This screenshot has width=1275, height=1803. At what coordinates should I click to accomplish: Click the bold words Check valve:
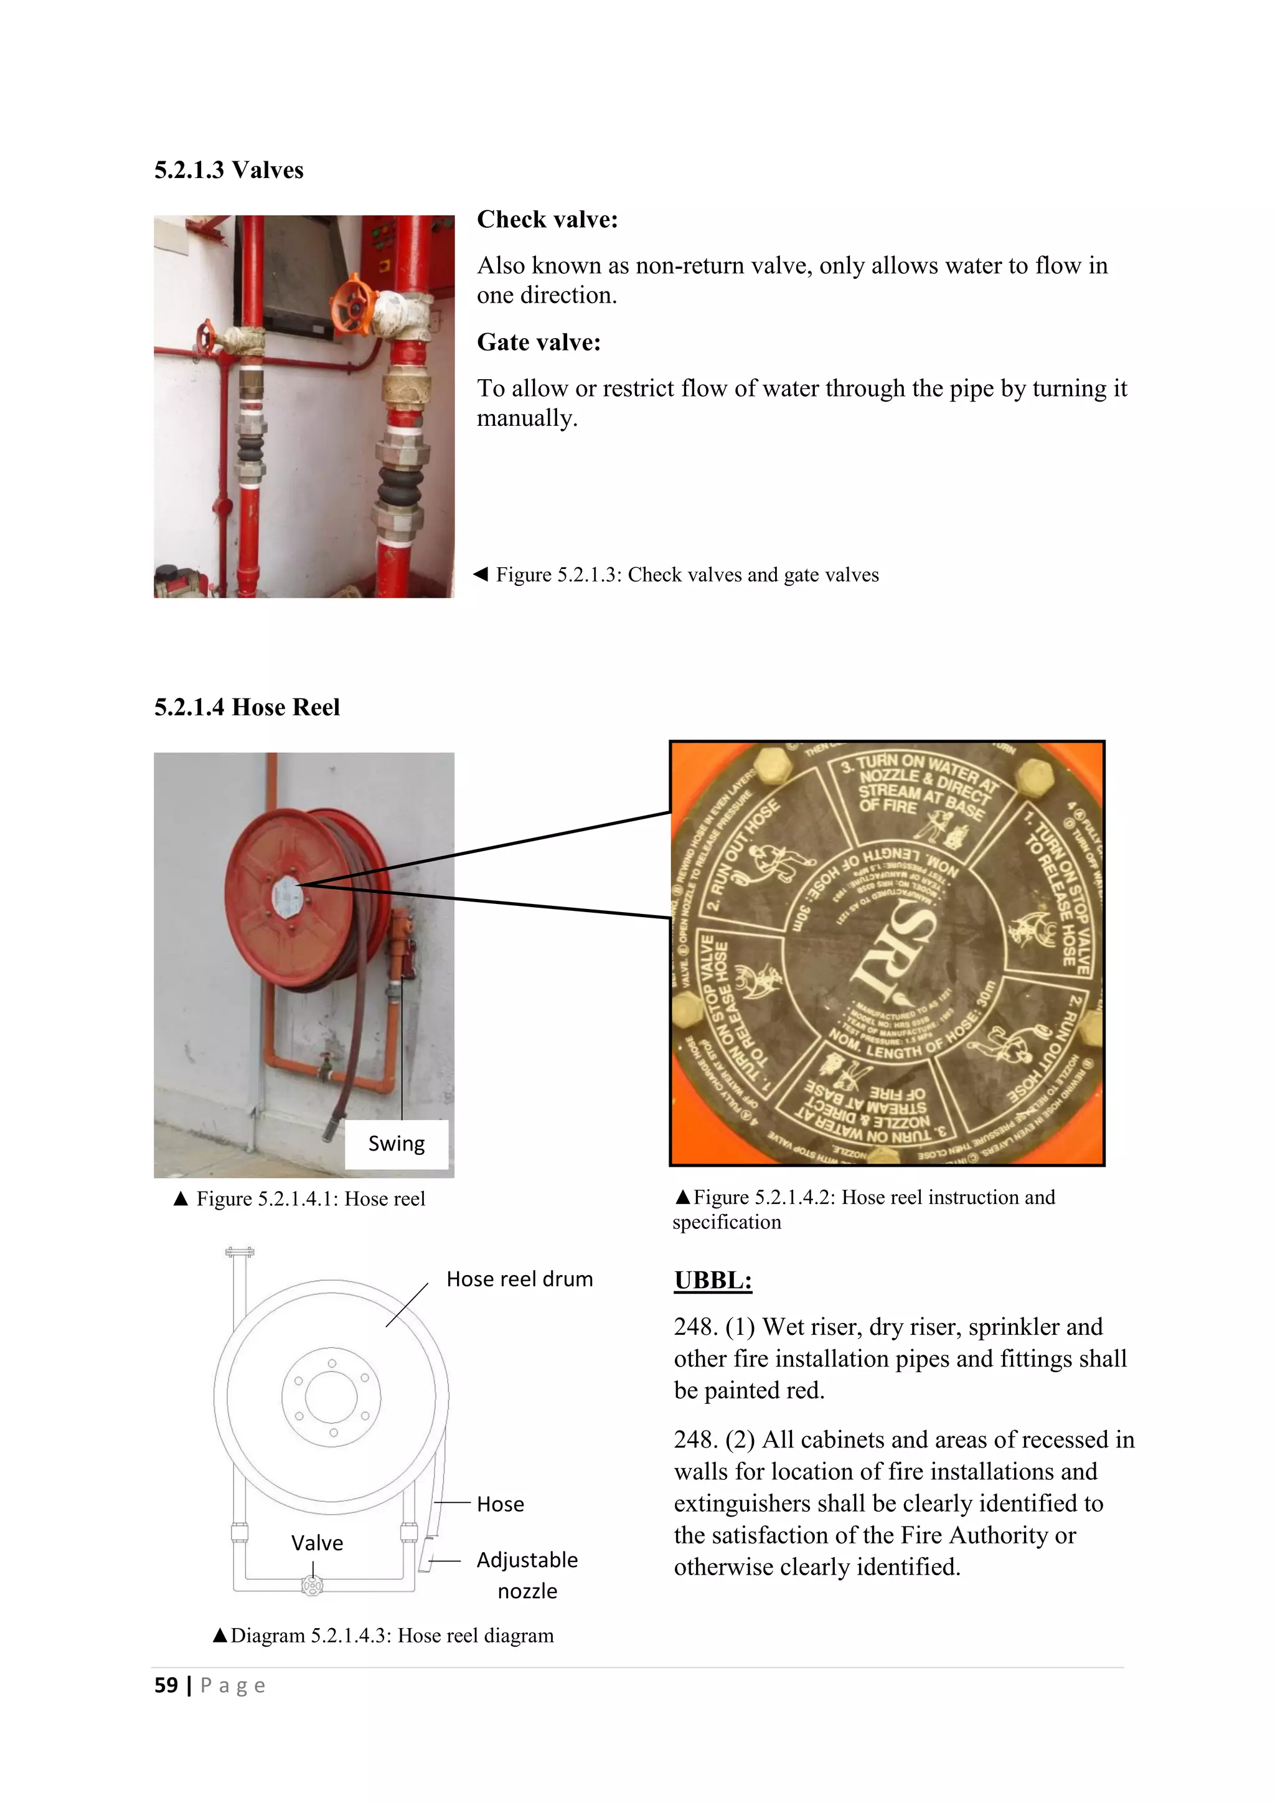coord(547,219)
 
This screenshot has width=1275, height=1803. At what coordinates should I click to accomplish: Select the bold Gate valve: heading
coord(539,342)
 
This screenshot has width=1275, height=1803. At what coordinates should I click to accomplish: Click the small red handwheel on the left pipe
coord(207,339)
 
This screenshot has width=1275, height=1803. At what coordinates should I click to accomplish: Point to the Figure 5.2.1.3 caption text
coord(686,575)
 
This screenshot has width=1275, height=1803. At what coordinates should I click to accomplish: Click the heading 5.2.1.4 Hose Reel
coord(247,707)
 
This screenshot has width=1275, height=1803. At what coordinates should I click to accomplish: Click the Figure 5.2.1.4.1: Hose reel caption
coord(310,1199)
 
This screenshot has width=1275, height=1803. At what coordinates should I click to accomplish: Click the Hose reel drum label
coord(519,1279)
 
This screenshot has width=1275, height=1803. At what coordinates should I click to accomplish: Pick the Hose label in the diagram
coord(500,1504)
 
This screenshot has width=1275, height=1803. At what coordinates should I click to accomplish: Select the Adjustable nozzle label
coord(527,1575)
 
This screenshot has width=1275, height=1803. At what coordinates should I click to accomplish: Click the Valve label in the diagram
coord(317,1543)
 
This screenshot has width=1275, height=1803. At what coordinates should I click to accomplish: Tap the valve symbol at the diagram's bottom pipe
coord(313,1587)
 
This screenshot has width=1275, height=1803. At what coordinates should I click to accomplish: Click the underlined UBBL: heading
coord(713,1280)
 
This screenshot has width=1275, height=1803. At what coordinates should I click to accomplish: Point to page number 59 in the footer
coord(166,1685)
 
